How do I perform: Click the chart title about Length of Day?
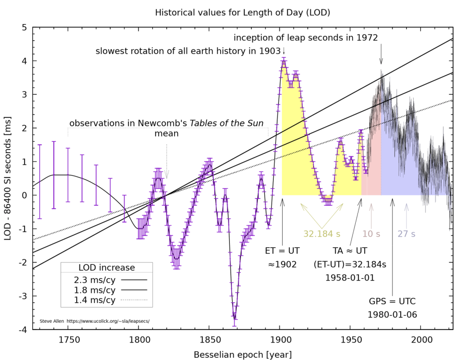coord(242,12)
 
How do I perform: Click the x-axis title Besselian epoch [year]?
coord(242,354)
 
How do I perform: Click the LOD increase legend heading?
coord(106,268)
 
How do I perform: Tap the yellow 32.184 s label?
coord(322,234)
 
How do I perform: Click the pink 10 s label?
coord(371,234)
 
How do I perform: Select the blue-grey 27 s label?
coord(406,234)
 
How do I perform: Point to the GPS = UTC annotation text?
coord(392,301)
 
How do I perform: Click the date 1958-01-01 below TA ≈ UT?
coord(350,277)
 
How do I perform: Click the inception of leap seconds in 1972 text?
coord(305,37)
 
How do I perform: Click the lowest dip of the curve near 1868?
coord(234,319)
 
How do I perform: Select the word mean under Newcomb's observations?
coord(166,134)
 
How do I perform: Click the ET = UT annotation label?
coord(282,250)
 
